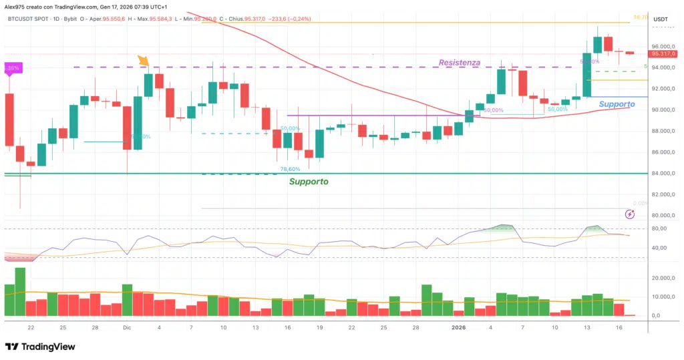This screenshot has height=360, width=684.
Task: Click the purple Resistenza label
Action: click(x=459, y=62)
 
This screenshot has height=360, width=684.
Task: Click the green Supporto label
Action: click(x=308, y=181)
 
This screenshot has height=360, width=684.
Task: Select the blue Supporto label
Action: click(x=617, y=104)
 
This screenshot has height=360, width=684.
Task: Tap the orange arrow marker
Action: click(x=144, y=61)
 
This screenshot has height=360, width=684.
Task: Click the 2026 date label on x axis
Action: click(x=458, y=328)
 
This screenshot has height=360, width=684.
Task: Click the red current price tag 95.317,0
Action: click(x=663, y=53)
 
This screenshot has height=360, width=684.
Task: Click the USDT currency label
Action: click(x=660, y=19)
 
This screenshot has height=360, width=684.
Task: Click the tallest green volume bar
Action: click(x=20, y=292)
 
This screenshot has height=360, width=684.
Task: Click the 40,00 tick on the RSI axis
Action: click(x=660, y=248)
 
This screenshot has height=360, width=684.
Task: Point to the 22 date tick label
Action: click(x=31, y=328)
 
